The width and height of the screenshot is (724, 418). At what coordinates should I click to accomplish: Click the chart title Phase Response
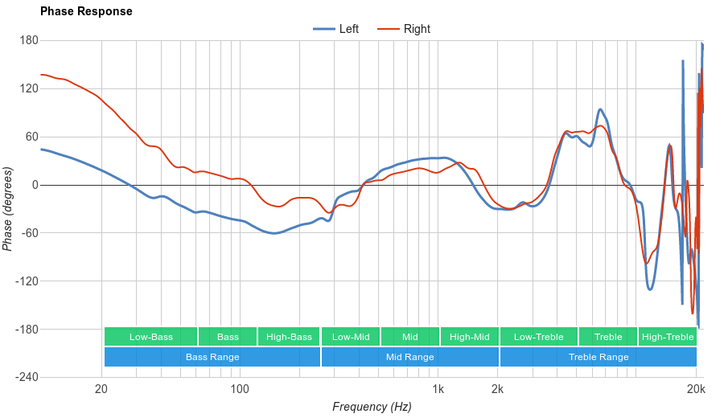86,12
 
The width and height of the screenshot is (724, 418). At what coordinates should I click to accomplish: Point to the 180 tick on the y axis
30,40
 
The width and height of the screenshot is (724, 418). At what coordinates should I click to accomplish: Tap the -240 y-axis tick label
27,378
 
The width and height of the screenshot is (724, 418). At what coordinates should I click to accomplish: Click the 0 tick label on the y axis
35,185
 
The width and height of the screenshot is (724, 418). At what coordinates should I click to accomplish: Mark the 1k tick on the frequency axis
438,390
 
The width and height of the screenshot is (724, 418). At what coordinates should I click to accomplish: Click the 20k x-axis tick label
697,390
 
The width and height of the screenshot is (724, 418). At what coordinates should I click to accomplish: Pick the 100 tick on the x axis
240,390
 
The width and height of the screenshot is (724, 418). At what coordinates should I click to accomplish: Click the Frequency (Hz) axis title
372,407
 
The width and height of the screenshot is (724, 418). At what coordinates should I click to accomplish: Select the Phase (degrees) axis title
8,209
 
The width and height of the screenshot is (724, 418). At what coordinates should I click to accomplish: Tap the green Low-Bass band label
150,337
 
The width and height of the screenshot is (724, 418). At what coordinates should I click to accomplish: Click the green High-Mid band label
469,337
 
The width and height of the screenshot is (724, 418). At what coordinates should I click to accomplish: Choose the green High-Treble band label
668,337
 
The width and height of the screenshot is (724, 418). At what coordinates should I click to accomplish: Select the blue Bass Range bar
212,357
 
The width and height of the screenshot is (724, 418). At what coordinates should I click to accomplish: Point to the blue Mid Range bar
409,357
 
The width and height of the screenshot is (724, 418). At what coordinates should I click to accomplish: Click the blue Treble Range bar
599,357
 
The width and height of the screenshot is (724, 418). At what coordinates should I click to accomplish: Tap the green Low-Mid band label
351,337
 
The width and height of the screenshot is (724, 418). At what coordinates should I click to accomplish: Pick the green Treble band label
607,337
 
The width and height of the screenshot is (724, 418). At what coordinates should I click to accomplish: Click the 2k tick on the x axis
498,390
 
